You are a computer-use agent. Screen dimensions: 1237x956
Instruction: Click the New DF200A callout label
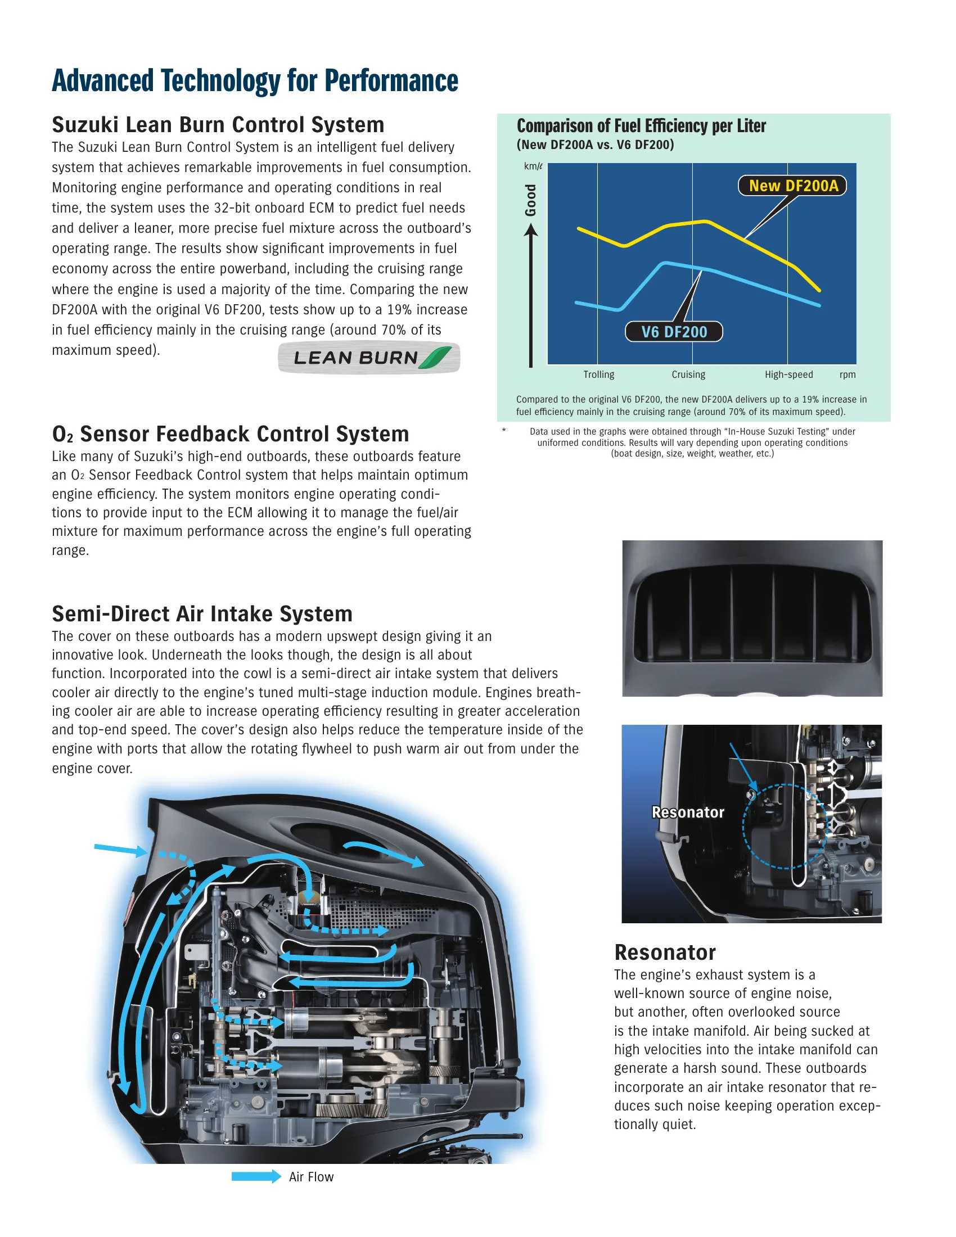(792, 186)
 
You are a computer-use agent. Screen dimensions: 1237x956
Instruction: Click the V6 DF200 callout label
(674, 332)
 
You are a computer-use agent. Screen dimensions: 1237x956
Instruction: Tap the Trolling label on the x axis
(599, 374)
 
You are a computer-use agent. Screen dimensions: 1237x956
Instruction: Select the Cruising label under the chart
(688, 374)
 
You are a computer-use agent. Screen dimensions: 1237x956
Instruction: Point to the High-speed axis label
(788, 374)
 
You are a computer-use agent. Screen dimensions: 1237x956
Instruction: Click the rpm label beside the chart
(847, 374)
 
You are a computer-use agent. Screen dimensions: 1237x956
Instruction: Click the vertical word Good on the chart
(531, 200)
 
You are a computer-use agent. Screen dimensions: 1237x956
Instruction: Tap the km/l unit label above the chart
(533, 166)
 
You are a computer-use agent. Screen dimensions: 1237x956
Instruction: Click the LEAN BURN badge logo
(369, 358)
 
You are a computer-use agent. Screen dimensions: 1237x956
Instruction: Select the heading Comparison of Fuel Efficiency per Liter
(641, 126)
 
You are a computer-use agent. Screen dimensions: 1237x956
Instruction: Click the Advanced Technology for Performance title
(255, 80)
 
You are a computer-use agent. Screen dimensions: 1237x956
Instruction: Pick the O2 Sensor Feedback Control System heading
(231, 434)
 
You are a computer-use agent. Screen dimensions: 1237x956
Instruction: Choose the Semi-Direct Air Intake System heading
(202, 614)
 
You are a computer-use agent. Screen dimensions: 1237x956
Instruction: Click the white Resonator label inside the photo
(688, 812)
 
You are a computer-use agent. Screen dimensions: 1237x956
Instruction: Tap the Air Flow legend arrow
(256, 1176)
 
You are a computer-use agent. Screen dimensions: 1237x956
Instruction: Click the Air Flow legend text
(311, 1177)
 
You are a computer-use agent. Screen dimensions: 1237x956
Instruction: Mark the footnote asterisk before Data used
(504, 431)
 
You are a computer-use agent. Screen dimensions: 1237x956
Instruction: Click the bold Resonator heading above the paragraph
(665, 952)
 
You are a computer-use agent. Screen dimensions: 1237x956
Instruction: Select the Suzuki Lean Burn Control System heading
(218, 125)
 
